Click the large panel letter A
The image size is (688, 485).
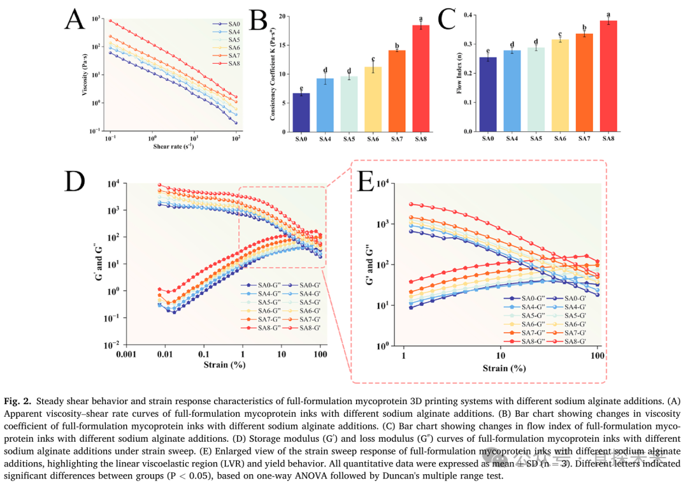coord(75,21)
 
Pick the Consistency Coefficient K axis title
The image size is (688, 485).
coord(272,70)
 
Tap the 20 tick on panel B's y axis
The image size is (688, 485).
coord(282,15)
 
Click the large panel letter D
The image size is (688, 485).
coord(75,182)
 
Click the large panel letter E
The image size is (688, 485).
coord(366,182)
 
